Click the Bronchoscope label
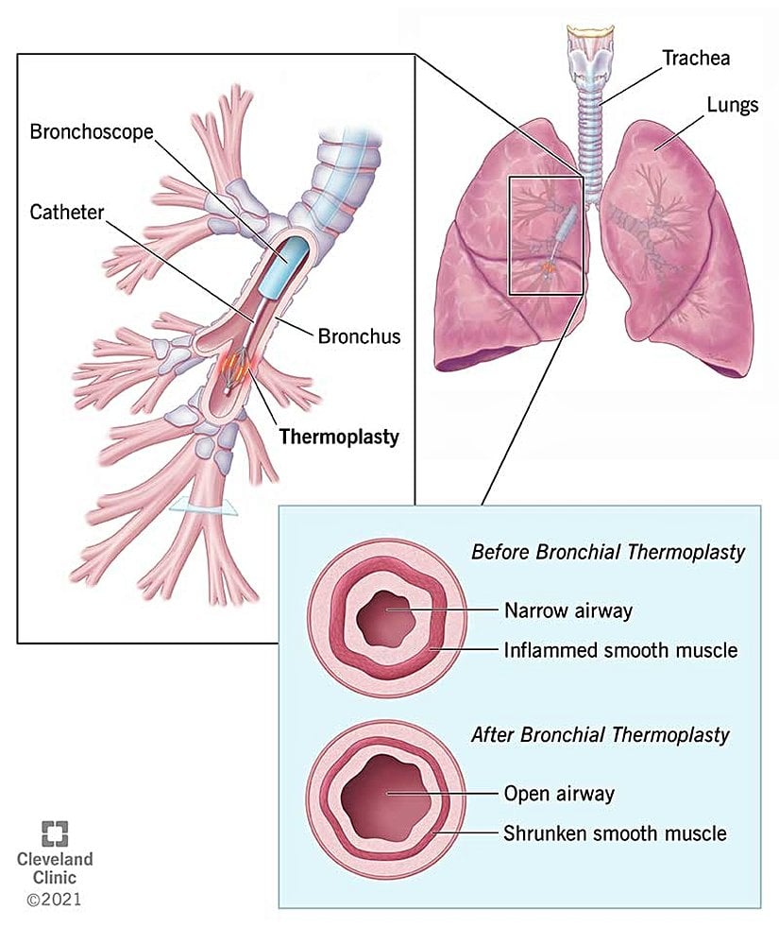coord(91,131)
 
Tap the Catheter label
coord(68,215)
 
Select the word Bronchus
coord(360,335)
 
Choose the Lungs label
coord(732,105)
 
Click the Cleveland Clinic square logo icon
coord(55,833)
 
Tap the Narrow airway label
coord(567,610)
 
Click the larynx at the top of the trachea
coord(589,42)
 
